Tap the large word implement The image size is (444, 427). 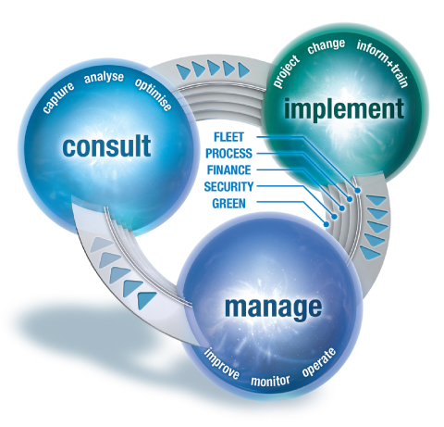click(x=344, y=108)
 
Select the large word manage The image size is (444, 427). click(x=274, y=308)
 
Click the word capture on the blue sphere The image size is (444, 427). click(x=58, y=97)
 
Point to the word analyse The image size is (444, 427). click(x=104, y=77)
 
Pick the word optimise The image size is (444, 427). click(x=153, y=94)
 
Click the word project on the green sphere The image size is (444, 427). click(x=286, y=71)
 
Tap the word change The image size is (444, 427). click(x=327, y=46)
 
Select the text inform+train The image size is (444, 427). click(x=383, y=63)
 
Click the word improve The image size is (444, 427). click(x=222, y=363)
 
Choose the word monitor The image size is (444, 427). click(x=270, y=381)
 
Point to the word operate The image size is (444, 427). click(x=319, y=362)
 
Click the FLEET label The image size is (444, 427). click(x=228, y=137)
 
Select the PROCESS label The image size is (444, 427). click(x=228, y=154)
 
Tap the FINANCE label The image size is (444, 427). click(x=228, y=170)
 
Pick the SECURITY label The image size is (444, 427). click(x=228, y=187)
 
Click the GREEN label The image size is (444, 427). click(x=228, y=204)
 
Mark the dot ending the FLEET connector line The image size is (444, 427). click(x=357, y=190)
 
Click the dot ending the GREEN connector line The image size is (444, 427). click(x=327, y=224)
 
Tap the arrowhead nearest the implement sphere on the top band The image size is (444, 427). click(x=244, y=70)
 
